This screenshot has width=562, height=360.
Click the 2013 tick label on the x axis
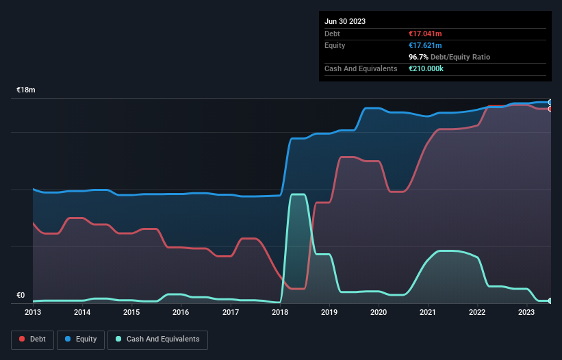(33, 312)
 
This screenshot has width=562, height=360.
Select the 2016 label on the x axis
(181, 312)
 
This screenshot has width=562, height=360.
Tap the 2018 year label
(280, 312)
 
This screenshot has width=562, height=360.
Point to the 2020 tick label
(379, 312)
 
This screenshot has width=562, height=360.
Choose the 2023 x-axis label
(526, 312)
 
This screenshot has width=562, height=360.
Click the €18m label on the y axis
(26, 90)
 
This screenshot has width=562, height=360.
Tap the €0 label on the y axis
(21, 296)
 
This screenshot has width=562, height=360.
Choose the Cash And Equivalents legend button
(157, 339)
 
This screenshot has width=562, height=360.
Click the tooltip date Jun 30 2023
(345, 21)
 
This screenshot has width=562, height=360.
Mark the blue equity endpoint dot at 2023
(550, 102)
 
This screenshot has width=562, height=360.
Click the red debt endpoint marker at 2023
(550, 109)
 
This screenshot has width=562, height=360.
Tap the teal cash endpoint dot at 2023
(550, 300)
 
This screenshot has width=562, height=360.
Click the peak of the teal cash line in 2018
(298, 194)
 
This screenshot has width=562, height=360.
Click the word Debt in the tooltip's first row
(333, 34)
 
